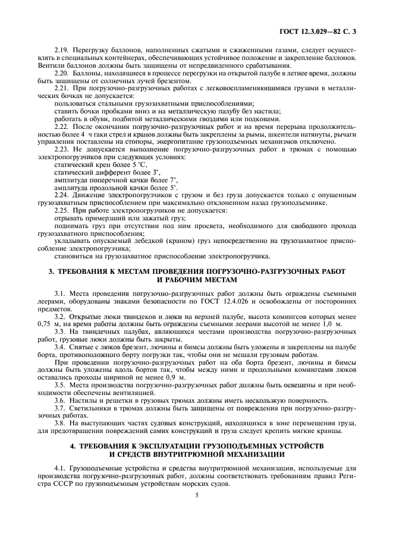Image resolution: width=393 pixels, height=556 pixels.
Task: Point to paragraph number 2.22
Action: pyautogui.click(x=62, y=127)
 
